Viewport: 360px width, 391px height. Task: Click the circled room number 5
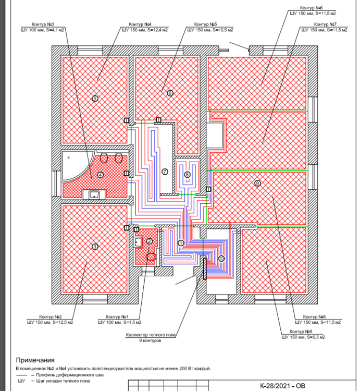pyautogui.click(x=94, y=98)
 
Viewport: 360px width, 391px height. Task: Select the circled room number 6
pyautogui.click(x=169, y=93)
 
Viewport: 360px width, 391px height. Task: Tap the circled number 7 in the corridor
pyautogui.click(x=165, y=172)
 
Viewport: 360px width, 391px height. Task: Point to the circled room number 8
pyautogui.click(x=187, y=175)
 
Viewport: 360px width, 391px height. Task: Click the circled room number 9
pyautogui.click(x=257, y=183)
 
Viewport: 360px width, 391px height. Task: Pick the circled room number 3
pyautogui.click(x=94, y=246)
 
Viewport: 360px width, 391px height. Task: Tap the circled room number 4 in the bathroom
pyautogui.click(x=100, y=175)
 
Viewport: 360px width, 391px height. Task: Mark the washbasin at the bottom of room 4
pyautogui.click(x=94, y=195)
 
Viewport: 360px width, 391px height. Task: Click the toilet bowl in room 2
pyautogui.click(x=151, y=257)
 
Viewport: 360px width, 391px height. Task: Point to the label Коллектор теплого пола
pyautogui.click(x=151, y=335)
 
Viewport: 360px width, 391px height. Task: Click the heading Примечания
pyautogui.click(x=35, y=360)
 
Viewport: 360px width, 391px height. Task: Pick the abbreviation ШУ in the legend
pyautogui.click(x=21, y=381)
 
